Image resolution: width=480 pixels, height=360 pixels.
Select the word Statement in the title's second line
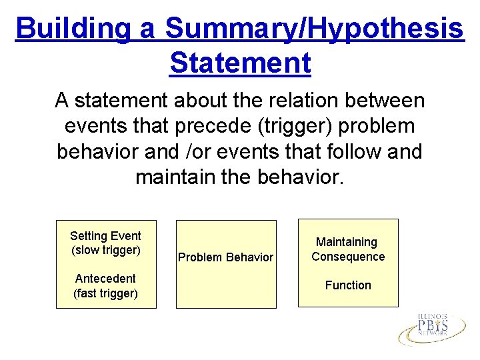(x=240, y=63)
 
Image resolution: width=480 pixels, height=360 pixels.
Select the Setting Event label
(x=105, y=235)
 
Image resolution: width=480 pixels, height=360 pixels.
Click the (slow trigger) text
(x=105, y=250)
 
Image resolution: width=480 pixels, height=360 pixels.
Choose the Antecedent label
(x=105, y=279)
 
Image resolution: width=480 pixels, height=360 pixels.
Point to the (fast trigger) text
(x=105, y=293)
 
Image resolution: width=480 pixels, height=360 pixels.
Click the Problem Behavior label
(x=225, y=257)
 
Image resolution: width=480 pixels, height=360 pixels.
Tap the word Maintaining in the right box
(x=347, y=242)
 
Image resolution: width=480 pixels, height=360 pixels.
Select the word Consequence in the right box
(x=348, y=257)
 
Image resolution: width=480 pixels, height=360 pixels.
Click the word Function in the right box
(x=348, y=285)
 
